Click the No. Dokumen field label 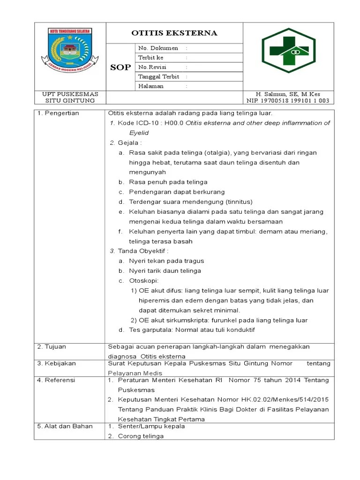coord(157,48)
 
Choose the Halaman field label coord(151,86)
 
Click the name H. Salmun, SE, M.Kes coord(288,94)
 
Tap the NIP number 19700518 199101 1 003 coord(288,101)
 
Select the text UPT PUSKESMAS coord(70,94)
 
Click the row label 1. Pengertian coord(58,113)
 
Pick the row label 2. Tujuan coord(52,347)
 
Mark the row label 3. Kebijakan coord(56,363)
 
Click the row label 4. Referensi coord(56,380)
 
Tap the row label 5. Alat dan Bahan coord(65,427)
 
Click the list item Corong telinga coord(140,436)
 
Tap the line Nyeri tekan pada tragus coord(166,261)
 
